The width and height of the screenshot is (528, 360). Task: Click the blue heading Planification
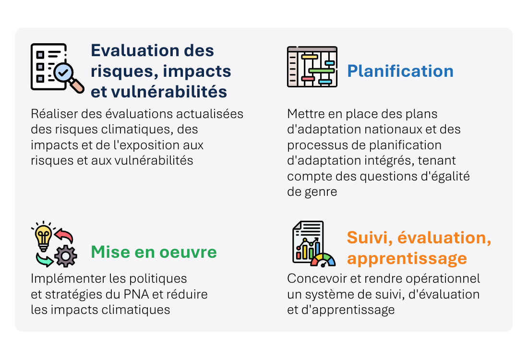pos(400,71)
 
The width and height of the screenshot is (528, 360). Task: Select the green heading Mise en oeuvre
pos(154,252)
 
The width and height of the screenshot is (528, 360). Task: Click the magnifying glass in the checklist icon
pos(69,76)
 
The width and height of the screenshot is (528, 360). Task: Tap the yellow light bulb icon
pos(43,237)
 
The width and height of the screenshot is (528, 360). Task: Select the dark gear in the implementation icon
pos(66,256)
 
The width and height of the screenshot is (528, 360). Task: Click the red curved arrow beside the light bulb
pos(64,235)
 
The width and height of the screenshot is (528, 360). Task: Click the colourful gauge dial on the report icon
pos(323,260)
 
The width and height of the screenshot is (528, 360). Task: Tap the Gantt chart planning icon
pos(312,67)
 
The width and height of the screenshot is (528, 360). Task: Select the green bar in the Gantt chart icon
pos(322,71)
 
